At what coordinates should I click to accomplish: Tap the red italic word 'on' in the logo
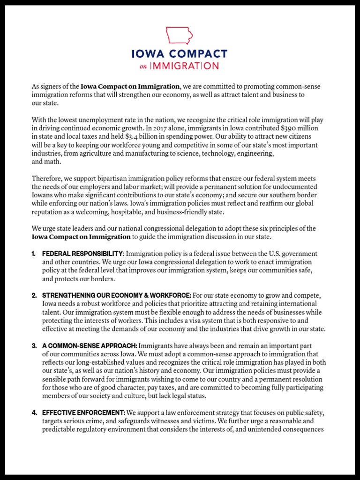coord(143,67)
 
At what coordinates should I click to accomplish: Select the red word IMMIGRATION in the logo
coord(184,66)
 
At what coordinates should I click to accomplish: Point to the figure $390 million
coord(300,128)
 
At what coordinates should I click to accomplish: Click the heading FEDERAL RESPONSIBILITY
coord(82,254)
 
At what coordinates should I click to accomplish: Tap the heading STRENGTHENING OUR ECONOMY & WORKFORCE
coord(117,295)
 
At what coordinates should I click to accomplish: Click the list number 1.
coord(34,254)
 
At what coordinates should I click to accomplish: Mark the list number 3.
coord(34,345)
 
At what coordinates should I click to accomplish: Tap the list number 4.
coord(34,412)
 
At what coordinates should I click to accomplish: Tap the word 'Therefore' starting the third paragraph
coord(46,179)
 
